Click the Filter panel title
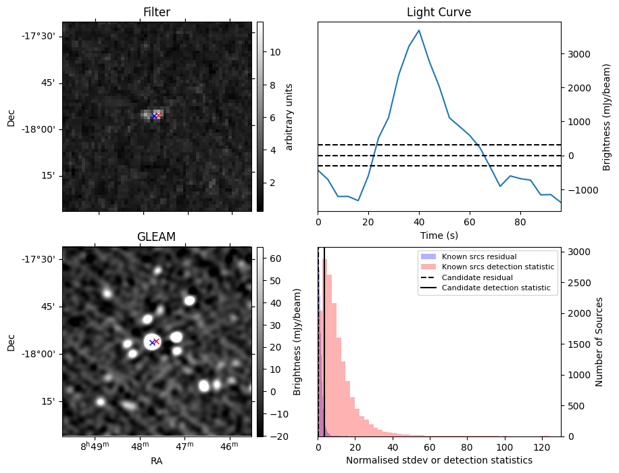(x=157, y=12)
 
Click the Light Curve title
(x=439, y=12)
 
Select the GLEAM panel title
(x=157, y=237)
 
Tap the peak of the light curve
(x=419, y=30)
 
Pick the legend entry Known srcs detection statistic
(x=497, y=267)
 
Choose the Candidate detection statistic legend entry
(x=495, y=288)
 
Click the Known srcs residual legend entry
(x=478, y=256)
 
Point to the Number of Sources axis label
(x=600, y=342)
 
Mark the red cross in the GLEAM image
(x=156, y=341)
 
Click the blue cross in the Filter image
(x=154, y=116)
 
